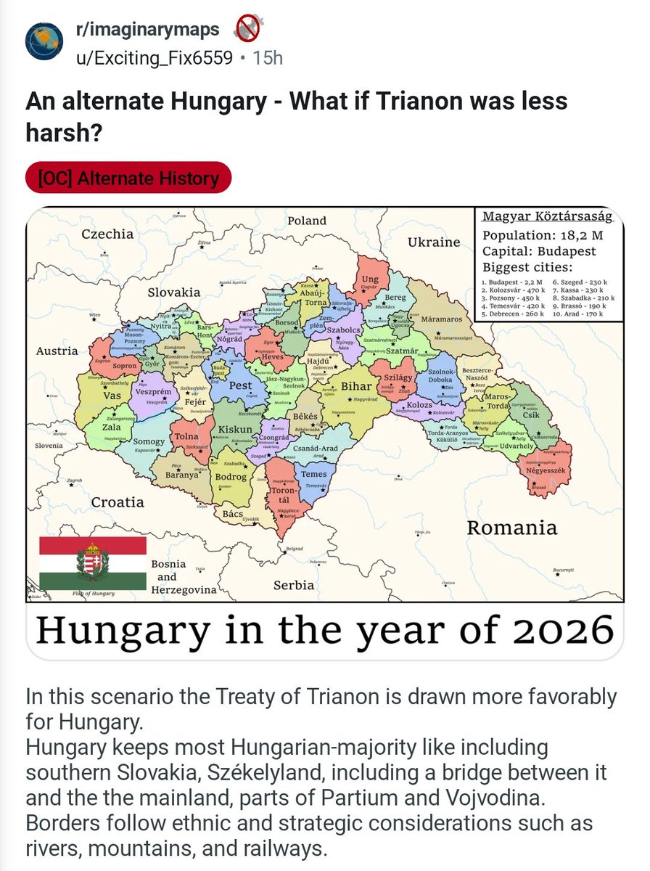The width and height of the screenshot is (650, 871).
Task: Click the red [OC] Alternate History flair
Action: [x=128, y=178]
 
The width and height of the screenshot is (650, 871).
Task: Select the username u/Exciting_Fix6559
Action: [x=155, y=57]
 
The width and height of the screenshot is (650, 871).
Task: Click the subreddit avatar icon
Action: [x=44, y=41]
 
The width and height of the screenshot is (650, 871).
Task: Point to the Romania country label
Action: [x=511, y=528]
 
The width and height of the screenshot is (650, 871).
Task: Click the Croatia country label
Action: [x=118, y=502]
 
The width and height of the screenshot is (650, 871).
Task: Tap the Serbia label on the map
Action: [x=294, y=584]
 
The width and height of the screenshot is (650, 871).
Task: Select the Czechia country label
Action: [x=107, y=234]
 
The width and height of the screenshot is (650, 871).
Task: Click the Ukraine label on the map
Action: [x=433, y=242]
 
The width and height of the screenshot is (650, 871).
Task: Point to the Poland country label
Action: [x=307, y=221]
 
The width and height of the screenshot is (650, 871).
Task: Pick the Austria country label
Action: [x=57, y=351]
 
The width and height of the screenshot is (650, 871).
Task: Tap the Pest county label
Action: [x=240, y=385]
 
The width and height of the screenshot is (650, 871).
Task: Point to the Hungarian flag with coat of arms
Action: [x=93, y=563]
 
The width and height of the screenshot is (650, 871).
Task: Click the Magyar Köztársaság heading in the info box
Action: [x=548, y=217]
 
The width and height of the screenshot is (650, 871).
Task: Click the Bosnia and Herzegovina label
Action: [x=184, y=577]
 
